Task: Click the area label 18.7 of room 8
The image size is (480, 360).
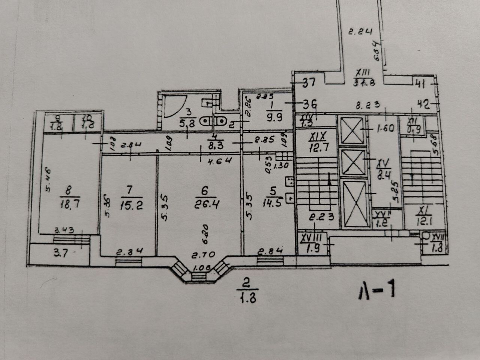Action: (68, 204)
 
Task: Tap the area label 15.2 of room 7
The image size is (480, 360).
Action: (131, 205)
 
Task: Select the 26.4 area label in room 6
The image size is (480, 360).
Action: (205, 204)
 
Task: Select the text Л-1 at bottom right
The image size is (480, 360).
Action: (376, 291)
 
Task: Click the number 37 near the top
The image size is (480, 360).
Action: (309, 82)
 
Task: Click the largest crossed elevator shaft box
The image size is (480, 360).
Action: (354, 205)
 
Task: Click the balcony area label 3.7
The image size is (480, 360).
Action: (60, 252)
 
